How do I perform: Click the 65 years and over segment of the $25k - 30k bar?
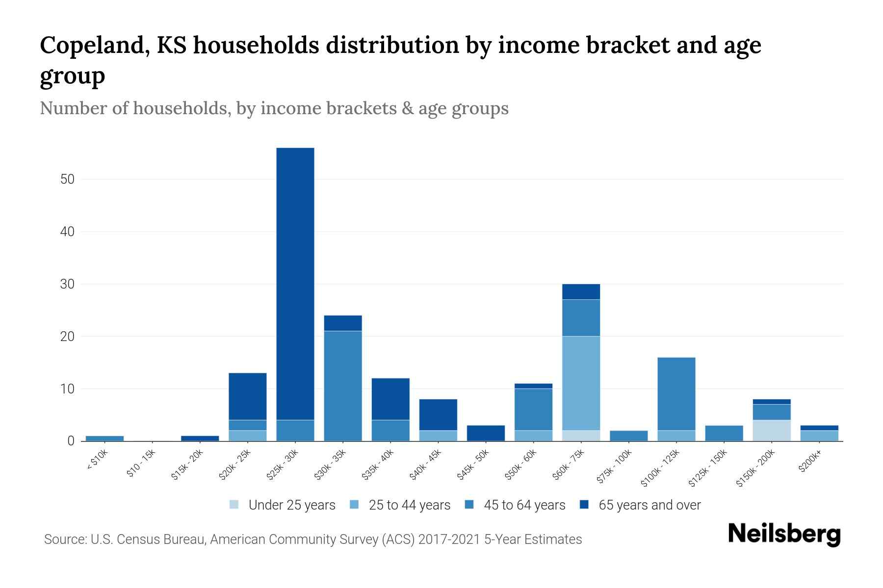tap(295, 284)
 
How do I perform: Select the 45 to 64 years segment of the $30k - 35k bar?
tap(343, 386)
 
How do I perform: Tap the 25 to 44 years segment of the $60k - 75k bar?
tap(581, 383)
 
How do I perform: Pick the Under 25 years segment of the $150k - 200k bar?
tap(772, 430)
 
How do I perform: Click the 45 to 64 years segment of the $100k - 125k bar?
tap(676, 393)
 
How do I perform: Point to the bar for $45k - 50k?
tap(486, 433)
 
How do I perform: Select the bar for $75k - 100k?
tap(628, 436)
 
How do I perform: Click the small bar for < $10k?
tap(104, 438)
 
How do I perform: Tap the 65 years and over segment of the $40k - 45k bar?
tap(438, 415)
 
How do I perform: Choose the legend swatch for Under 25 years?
tap(234, 505)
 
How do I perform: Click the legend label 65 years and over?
tap(649, 505)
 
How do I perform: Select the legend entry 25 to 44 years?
tap(409, 505)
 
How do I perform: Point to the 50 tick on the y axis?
tap(67, 179)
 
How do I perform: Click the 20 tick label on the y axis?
tap(67, 337)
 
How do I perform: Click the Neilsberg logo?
tap(784, 534)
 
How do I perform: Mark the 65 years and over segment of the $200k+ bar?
tap(819, 428)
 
